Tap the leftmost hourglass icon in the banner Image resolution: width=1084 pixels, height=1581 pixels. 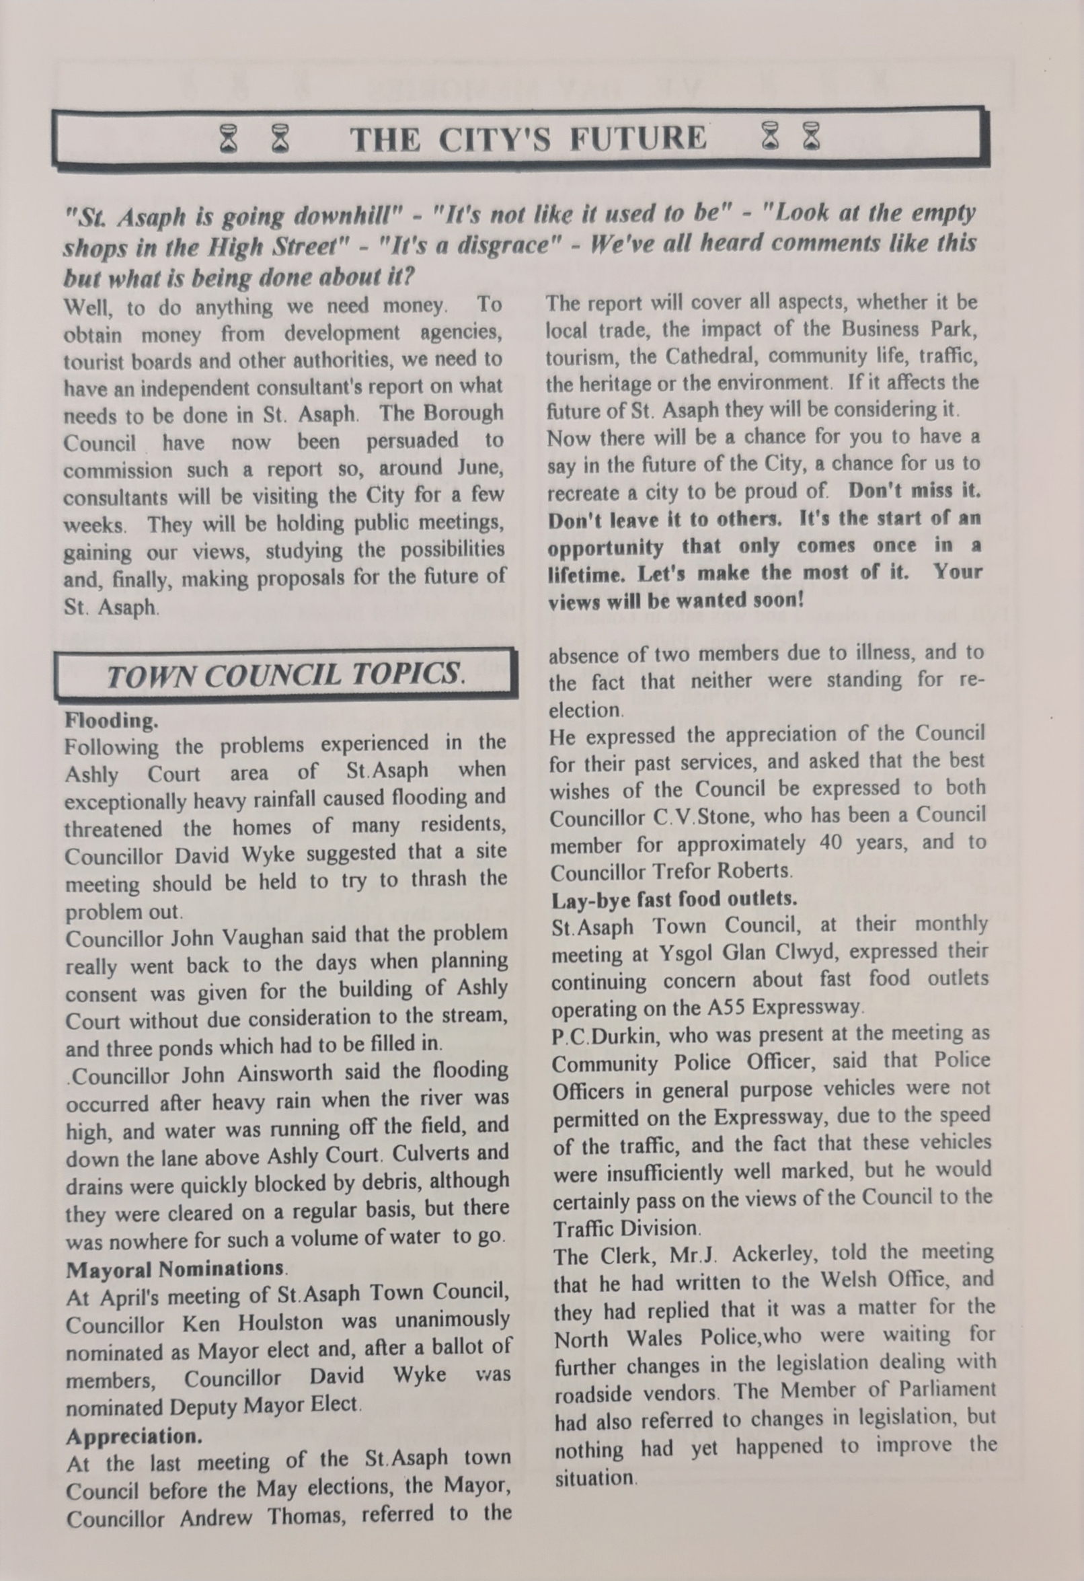coord(230,139)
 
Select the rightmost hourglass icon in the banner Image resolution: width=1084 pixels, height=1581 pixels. coord(811,136)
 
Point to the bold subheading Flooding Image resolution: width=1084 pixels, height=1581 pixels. coord(112,720)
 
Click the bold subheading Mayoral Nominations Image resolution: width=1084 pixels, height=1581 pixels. coord(176,1269)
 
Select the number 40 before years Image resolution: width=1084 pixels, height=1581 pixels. coord(830,843)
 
